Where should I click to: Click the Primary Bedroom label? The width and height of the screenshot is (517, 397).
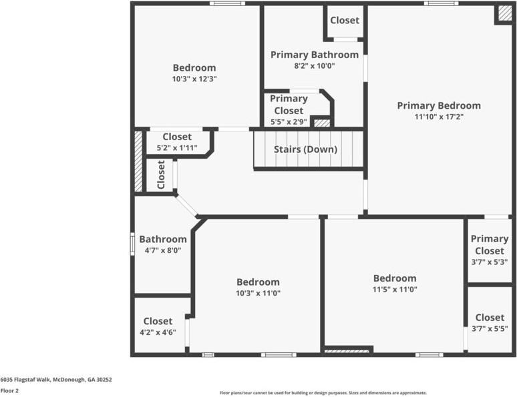point(438,105)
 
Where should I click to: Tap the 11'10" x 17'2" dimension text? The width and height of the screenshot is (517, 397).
point(438,117)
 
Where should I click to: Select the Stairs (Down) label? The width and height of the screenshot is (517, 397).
point(305,149)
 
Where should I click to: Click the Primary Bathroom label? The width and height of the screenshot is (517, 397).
point(314,55)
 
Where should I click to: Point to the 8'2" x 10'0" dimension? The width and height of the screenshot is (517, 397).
point(314,66)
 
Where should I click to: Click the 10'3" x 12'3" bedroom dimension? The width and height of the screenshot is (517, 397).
point(194,79)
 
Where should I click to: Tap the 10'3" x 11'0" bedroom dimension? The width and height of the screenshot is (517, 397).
point(257,293)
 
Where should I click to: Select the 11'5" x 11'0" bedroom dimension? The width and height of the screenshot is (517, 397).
point(394,290)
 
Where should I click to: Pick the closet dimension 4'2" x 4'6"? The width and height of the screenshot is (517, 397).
point(158,332)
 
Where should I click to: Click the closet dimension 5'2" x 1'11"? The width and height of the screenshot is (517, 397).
point(176,147)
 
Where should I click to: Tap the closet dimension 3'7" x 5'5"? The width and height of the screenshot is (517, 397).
point(489,329)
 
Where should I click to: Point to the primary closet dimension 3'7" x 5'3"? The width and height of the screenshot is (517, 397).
point(489,262)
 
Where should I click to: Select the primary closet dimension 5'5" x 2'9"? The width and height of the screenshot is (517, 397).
point(288,122)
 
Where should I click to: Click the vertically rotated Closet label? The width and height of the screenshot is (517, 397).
point(161,175)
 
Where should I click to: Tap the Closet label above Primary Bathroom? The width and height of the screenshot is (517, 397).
point(345,21)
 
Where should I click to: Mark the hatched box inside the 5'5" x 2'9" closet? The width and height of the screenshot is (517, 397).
point(322,123)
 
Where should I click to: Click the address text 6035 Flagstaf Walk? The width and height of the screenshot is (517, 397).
point(56,380)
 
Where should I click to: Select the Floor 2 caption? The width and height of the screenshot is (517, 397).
point(9,391)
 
